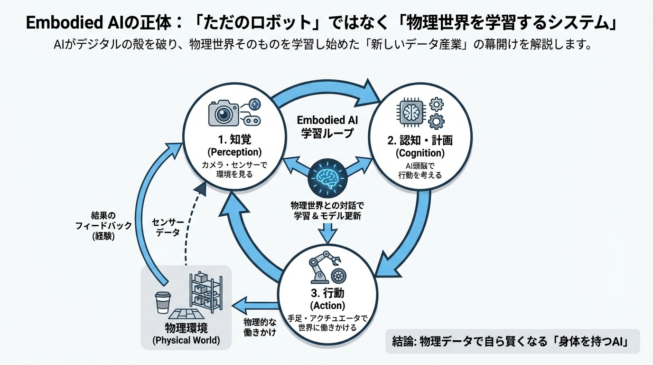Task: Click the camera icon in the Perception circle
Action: [223, 114]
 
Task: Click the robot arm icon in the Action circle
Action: [322, 268]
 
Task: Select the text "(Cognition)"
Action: [420, 153]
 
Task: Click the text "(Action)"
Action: [327, 305]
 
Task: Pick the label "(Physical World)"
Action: [186, 340]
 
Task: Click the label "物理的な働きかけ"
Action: [260, 327]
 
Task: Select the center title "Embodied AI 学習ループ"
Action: [327, 126]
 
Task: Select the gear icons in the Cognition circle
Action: [435, 113]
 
